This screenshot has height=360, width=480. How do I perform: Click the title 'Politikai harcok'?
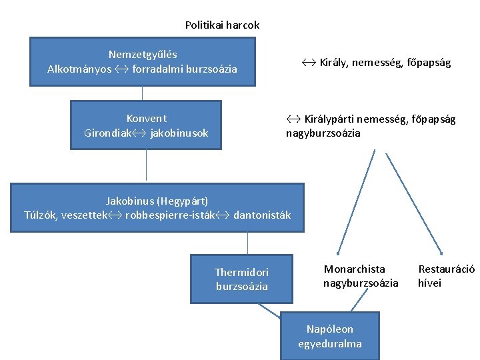(222, 25)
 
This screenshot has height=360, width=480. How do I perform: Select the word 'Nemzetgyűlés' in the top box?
(143, 54)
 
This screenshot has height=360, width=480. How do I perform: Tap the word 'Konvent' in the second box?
(146, 118)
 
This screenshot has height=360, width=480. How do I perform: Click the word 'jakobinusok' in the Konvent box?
(179, 133)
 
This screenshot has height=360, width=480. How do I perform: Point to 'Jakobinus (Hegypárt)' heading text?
(157, 201)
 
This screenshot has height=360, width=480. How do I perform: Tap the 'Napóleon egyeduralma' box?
(330, 336)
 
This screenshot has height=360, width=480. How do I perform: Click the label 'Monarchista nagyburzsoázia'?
(361, 276)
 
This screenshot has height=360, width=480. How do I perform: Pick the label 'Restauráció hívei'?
(446, 276)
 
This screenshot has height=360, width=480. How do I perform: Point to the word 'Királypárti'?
(329, 119)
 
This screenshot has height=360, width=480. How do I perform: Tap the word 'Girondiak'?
(107, 133)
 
